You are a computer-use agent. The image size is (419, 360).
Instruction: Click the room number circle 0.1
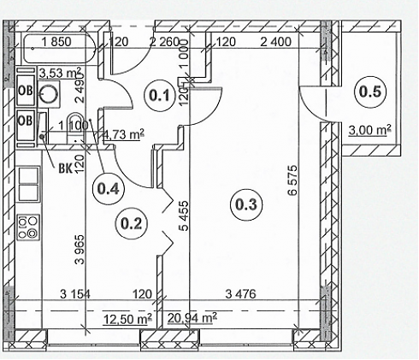click(160, 96)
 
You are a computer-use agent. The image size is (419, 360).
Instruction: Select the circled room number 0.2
click(131, 223)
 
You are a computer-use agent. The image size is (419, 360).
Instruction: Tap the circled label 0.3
click(246, 204)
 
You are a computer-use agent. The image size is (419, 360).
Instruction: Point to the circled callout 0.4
click(109, 188)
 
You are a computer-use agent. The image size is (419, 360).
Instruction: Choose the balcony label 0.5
click(369, 92)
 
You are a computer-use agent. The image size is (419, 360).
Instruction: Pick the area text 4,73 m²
click(123, 134)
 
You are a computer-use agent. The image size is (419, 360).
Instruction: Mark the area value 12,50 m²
click(127, 319)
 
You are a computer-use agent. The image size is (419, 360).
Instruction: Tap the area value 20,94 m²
click(192, 318)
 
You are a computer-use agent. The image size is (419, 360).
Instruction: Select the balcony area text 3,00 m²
click(370, 130)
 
